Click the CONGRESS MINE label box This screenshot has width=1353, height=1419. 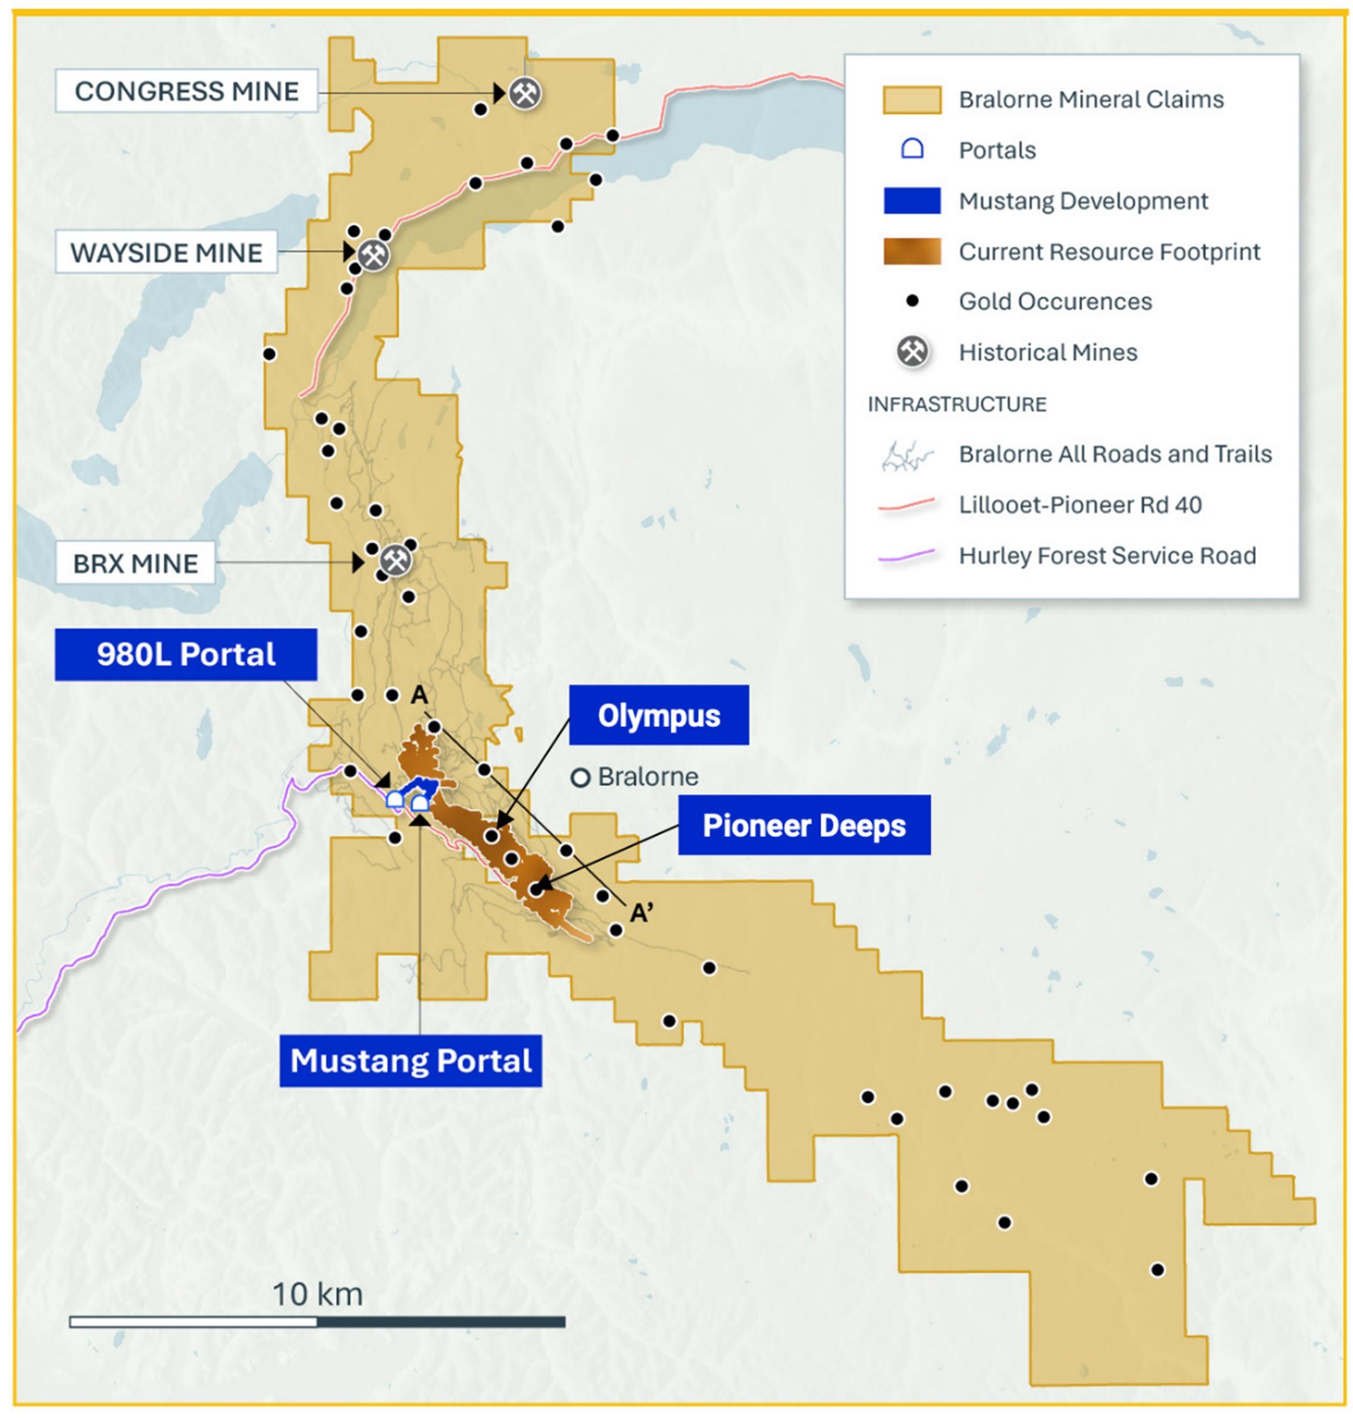tap(186, 91)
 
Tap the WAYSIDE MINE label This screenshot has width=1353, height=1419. tap(166, 252)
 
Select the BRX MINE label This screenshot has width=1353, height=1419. tap(136, 563)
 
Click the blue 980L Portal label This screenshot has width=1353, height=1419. tap(186, 654)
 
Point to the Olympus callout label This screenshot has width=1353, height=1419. tap(659, 715)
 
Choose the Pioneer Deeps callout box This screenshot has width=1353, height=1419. tap(804, 826)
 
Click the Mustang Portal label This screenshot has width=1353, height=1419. tap(411, 1061)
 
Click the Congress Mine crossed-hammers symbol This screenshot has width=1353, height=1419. tap(525, 93)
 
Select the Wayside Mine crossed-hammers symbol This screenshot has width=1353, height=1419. tap(373, 255)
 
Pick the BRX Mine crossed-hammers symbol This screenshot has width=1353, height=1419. tap(396, 559)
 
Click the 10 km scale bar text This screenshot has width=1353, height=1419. tap(317, 1294)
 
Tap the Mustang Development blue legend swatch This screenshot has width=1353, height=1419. tap(911, 201)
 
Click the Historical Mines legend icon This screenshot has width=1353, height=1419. tap(912, 352)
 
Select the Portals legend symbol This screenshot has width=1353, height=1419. tap(912, 149)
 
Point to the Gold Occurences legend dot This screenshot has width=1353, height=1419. tap(912, 301)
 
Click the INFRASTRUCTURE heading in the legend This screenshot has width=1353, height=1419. tap(956, 404)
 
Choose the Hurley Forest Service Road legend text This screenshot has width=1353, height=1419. tap(1107, 556)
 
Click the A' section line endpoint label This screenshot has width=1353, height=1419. tap(641, 913)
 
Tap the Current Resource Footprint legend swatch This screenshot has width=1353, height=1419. tap(911, 252)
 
